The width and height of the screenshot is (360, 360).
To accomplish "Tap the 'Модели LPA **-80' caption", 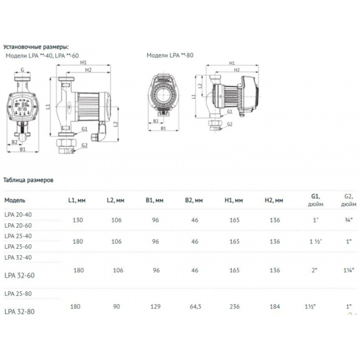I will tap(170, 56).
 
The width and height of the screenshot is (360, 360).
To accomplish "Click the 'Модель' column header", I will tap(15, 200).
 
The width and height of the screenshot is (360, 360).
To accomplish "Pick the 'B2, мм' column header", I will tap(194, 200).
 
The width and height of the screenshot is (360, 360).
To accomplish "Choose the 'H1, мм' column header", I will tap(233, 200).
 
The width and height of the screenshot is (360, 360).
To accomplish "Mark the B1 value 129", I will tap(155, 305).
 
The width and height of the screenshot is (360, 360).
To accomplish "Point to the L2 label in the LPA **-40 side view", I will tap(115, 124).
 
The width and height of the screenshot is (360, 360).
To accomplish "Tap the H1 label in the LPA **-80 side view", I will tap(232, 63).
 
